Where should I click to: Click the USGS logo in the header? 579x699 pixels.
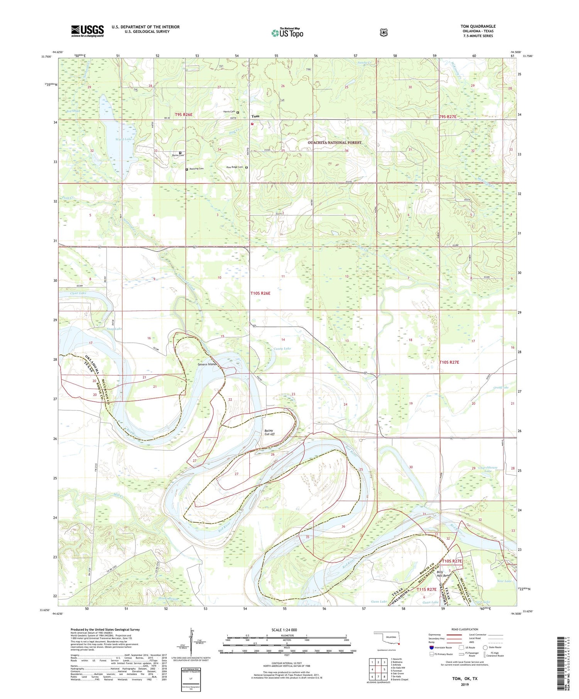[x=87, y=31]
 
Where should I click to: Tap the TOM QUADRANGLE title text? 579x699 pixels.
[x=478, y=26]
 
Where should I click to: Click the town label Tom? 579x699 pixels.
[x=255, y=116]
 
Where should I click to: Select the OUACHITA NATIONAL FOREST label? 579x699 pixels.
[x=335, y=143]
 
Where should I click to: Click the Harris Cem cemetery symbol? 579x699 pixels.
[x=238, y=112]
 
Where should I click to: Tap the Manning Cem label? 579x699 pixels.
[x=196, y=169]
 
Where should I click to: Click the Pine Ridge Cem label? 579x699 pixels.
[x=235, y=167]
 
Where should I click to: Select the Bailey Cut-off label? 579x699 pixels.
[x=269, y=432]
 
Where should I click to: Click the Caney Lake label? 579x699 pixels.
[x=282, y=349]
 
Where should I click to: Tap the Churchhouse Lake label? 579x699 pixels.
[x=488, y=469]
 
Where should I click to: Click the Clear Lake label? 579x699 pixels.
[x=78, y=293]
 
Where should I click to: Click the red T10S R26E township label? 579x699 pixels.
[x=261, y=293]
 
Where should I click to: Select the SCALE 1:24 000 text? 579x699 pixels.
[x=286, y=630]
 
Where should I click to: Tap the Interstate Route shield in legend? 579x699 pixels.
[x=431, y=648]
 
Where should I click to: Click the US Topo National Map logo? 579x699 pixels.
[x=287, y=32]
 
